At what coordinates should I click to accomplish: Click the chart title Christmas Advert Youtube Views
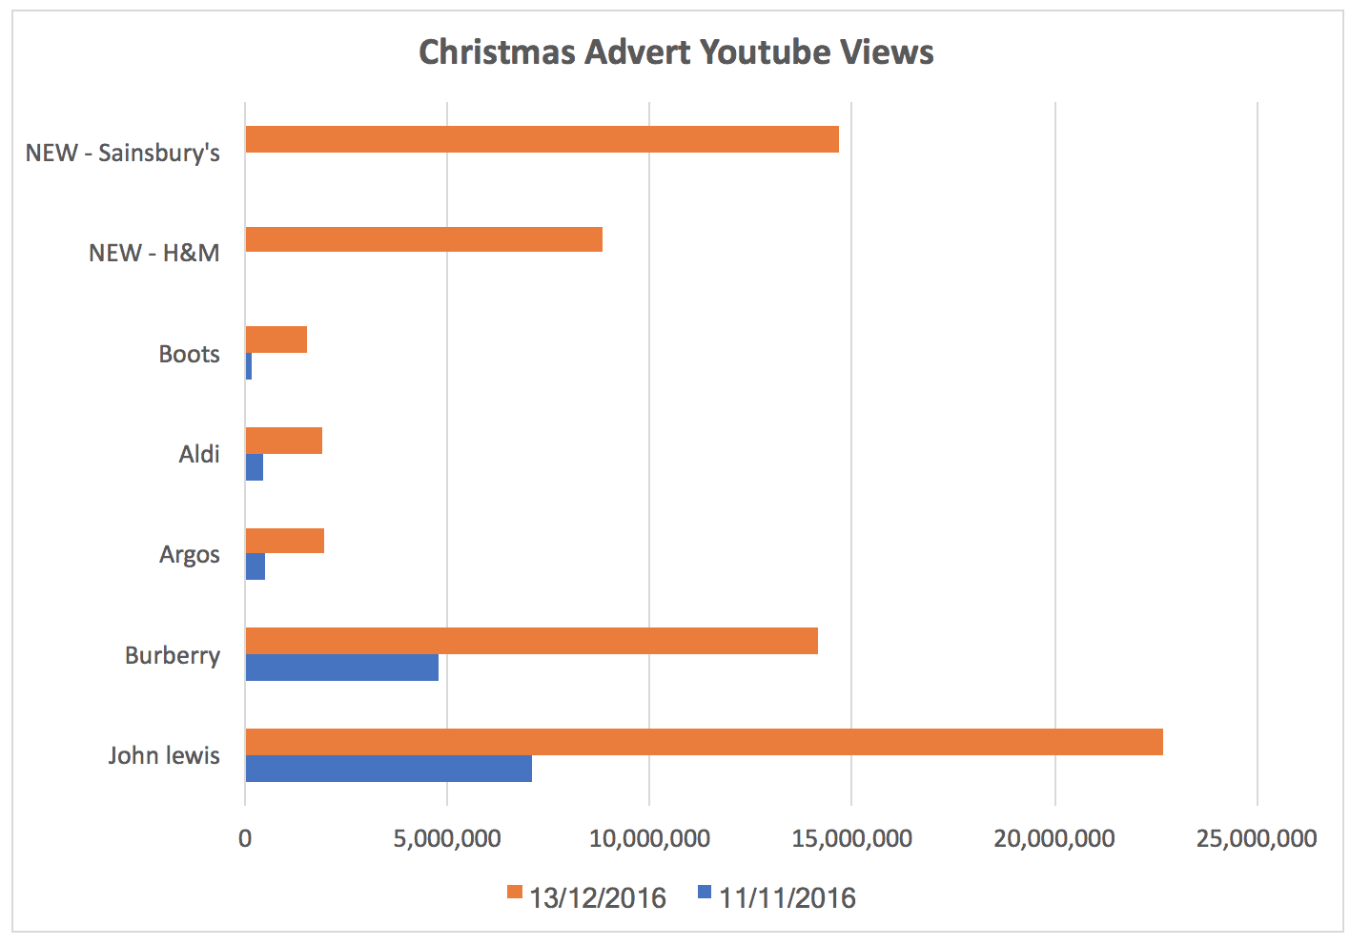(x=676, y=51)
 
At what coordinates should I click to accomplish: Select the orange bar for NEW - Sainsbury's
(x=542, y=139)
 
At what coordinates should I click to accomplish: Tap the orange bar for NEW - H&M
(x=423, y=239)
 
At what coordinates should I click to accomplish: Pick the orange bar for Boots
(x=276, y=339)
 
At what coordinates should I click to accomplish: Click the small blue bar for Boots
(x=249, y=366)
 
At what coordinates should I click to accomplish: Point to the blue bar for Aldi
(x=255, y=467)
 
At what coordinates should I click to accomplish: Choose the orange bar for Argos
(x=284, y=541)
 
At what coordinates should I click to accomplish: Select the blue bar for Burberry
(x=341, y=668)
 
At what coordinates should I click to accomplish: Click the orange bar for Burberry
(x=531, y=641)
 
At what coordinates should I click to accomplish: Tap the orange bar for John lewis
(x=704, y=742)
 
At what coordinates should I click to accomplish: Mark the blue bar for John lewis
(x=388, y=769)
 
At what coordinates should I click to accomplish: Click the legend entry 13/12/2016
(x=586, y=897)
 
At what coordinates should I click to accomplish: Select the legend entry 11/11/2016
(x=776, y=897)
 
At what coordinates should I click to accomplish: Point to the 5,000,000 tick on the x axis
(x=447, y=839)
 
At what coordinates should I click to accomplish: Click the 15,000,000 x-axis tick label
(x=851, y=839)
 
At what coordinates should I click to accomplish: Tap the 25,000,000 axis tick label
(x=1257, y=839)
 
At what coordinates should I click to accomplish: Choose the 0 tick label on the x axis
(x=245, y=839)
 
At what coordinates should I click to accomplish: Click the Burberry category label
(x=172, y=656)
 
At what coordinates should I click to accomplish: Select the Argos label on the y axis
(x=189, y=555)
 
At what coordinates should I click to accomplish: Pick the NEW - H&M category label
(x=153, y=254)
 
